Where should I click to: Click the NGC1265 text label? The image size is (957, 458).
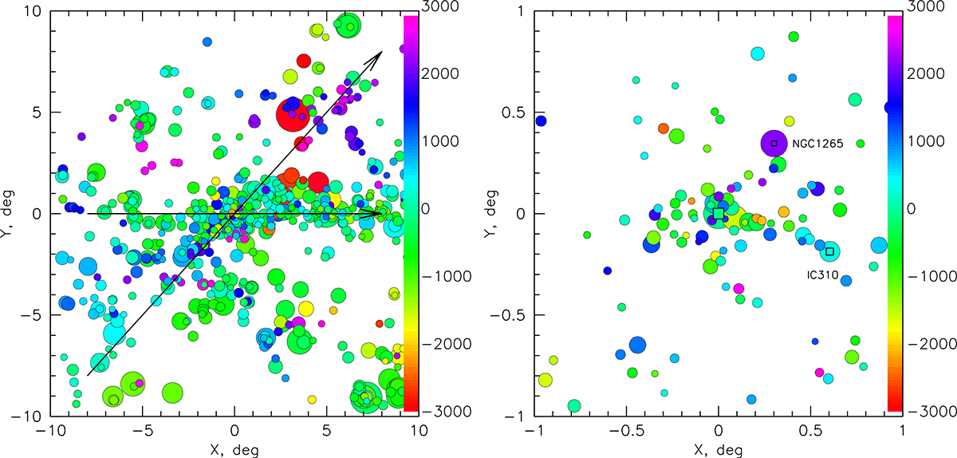[x=817, y=144]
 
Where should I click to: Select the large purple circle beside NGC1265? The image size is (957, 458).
[x=774, y=144]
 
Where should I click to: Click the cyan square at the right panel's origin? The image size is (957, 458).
[x=719, y=214]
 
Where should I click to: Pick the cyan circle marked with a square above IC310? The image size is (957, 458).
[x=830, y=251]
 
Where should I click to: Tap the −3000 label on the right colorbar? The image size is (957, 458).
[x=925, y=411]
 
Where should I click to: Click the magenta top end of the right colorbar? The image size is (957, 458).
[x=895, y=24]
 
